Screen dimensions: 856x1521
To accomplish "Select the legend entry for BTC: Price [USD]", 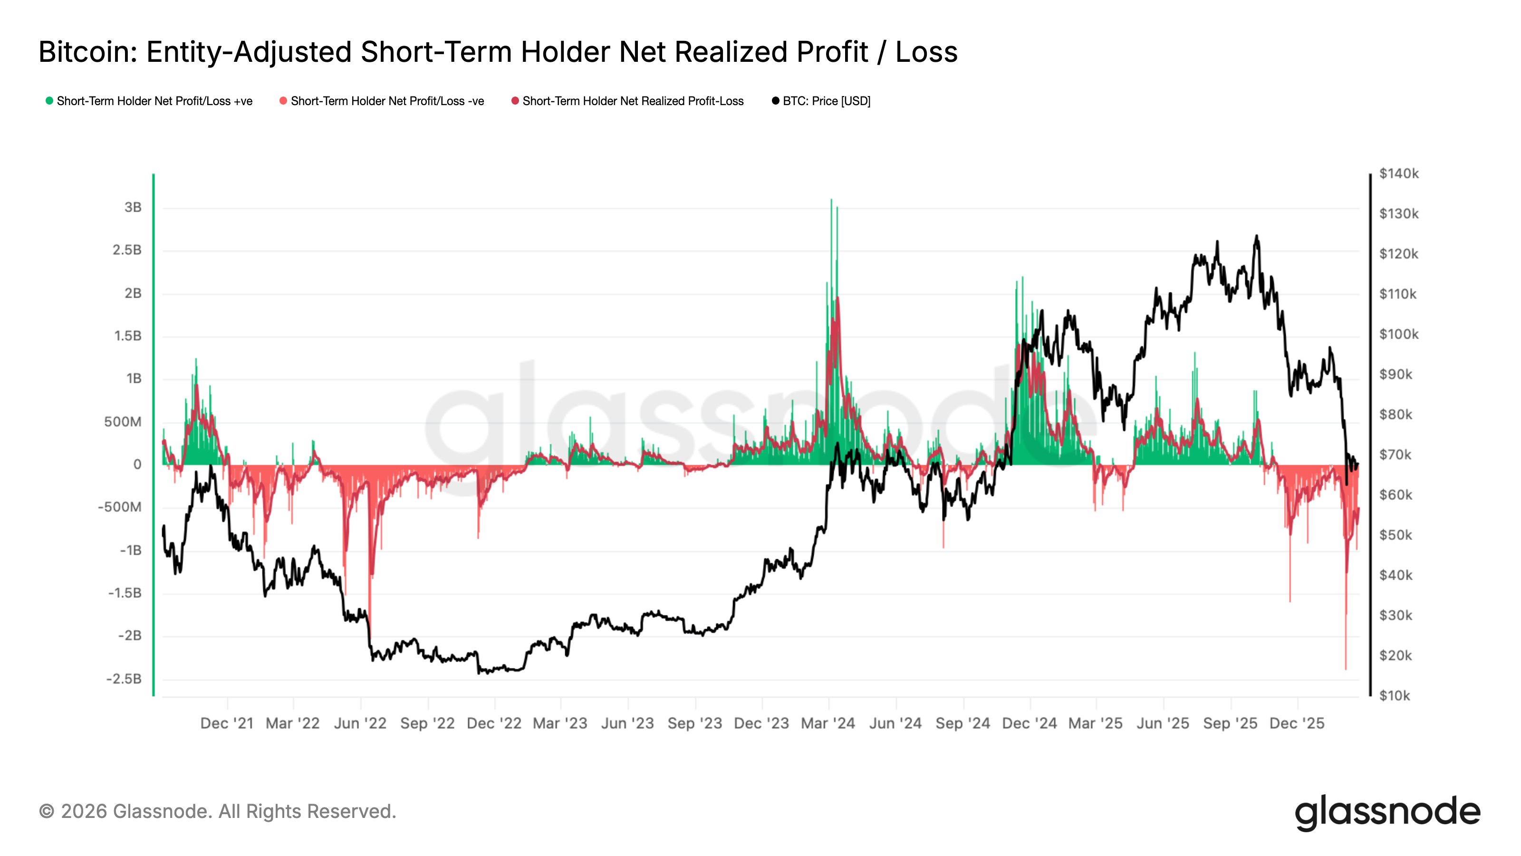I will tap(826, 101).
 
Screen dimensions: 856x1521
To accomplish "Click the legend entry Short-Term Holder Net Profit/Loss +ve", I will tap(154, 101).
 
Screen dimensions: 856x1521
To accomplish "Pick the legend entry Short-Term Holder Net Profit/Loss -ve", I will tap(387, 101).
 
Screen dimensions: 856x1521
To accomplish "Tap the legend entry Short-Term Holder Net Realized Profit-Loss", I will tap(632, 101).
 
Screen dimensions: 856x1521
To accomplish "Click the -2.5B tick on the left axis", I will tap(124, 679).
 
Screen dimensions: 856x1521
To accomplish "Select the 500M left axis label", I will tap(123, 422).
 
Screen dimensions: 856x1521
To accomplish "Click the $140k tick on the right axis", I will tap(1398, 174).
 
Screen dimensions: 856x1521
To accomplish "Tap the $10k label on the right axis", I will tap(1395, 696).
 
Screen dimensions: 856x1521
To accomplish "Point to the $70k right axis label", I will tap(1395, 455).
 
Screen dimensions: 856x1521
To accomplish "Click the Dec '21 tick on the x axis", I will tap(227, 724).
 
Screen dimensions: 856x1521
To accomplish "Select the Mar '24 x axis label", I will tap(828, 724).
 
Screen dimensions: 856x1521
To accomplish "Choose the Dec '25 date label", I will tap(1297, 724).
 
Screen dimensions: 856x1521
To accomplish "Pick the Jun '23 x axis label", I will tap(627, 724).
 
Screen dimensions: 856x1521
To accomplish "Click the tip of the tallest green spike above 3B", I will tap(831, 200).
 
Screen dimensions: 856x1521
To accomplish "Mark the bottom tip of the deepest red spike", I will tap(1346, 669).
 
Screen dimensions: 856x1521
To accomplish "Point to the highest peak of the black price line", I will tap(1256, 236).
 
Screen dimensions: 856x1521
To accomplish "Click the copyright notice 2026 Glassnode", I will tap(217, 812).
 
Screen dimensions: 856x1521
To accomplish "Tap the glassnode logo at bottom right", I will tap(1387, 813).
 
